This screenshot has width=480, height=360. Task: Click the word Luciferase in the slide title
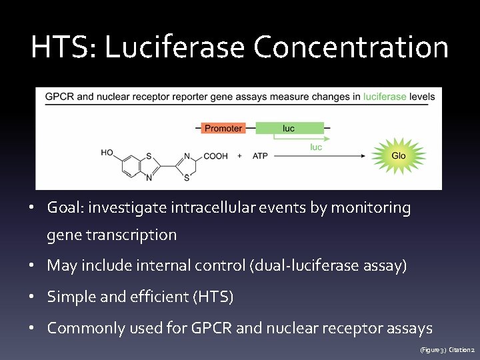point(175,47)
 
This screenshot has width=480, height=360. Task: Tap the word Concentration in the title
point(351,47)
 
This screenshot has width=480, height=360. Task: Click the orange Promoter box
point(223,128)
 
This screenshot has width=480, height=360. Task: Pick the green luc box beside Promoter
point(289,128)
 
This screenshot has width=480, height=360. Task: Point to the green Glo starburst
point(399,156)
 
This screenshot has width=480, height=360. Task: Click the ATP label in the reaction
point(260,156)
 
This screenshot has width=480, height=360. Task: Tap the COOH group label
point(215,156)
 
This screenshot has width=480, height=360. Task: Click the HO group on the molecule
point(107,153)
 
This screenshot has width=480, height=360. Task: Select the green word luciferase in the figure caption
point(385,97)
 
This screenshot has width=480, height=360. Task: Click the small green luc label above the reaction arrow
point(317,147)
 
